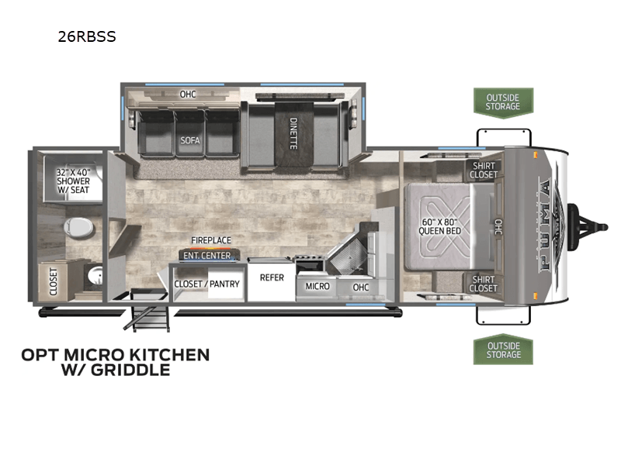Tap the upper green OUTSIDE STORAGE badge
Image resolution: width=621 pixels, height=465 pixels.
click(503, 102)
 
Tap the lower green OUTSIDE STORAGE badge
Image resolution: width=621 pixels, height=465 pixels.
click(503, 350)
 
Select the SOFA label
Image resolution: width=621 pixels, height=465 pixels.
click(186, 140)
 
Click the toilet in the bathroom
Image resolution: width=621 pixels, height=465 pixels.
click(80, 229)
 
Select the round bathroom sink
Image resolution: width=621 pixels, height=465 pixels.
click(94, 275)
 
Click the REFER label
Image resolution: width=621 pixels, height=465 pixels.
click(271, 277)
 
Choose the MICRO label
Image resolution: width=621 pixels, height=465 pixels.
click(317, 286)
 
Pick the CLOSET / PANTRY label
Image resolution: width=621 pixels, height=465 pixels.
click(207, 284)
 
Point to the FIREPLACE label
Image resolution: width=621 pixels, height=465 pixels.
click(213, 241)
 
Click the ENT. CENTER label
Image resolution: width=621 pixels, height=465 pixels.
click(206, 255)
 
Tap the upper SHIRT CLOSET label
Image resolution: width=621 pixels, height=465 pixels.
click(483, 170)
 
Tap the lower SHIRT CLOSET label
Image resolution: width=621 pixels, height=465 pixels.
click(483, 284)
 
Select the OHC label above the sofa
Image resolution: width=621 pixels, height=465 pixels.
click(187, 95)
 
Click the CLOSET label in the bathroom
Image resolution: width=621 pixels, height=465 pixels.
click(54, 282)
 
